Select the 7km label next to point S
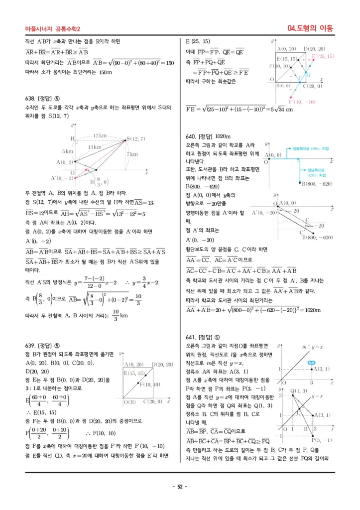(x=132, y=154)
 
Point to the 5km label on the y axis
(x=68, y=151)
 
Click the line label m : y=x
(x=312, y=347)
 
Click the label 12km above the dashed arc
(x=100, y=135)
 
